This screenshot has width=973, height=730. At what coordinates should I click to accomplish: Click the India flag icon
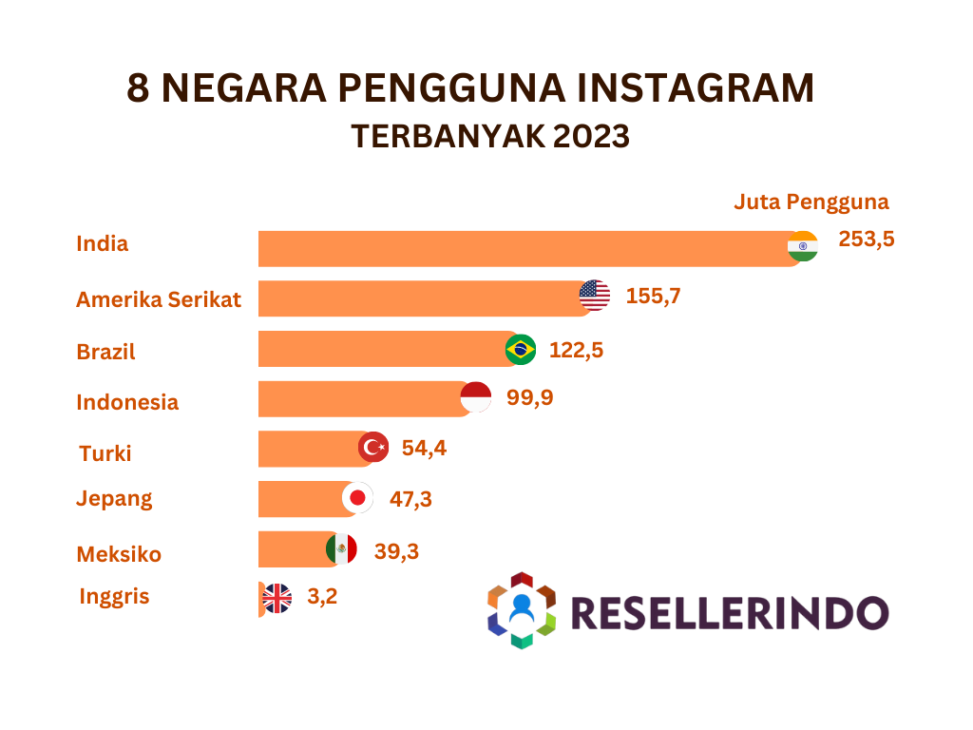pos(803,246)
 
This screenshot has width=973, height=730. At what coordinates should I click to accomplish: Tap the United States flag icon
pos(595,296)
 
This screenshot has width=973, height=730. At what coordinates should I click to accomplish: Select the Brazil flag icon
pos(520,350)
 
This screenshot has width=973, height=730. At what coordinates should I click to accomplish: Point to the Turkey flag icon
pos(373,446)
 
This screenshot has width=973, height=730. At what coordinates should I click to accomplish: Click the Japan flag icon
pos(358,497)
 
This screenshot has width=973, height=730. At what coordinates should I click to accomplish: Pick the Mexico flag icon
pos(341,548)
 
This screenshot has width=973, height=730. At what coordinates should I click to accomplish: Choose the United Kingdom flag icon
pos(277,598)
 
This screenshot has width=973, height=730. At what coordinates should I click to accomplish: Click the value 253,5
pos(867,239)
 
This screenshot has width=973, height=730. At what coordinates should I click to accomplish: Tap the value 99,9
pos(530,397)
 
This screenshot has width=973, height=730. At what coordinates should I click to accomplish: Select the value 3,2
pos(323,598)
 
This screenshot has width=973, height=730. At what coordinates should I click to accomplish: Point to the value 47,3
pos(410,498)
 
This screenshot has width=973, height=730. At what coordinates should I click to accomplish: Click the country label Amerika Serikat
pos(159,300)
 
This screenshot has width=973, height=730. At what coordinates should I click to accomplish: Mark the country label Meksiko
pos(119,554)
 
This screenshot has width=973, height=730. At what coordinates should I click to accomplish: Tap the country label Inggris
pos(114,597)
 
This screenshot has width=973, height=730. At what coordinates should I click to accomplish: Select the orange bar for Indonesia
pos(361,398)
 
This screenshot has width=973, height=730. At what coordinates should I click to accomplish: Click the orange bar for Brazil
pos(380,349)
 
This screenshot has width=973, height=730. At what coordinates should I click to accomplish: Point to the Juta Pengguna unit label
pos(811,202)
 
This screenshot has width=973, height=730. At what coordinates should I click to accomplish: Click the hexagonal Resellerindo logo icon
pos(521,610)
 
